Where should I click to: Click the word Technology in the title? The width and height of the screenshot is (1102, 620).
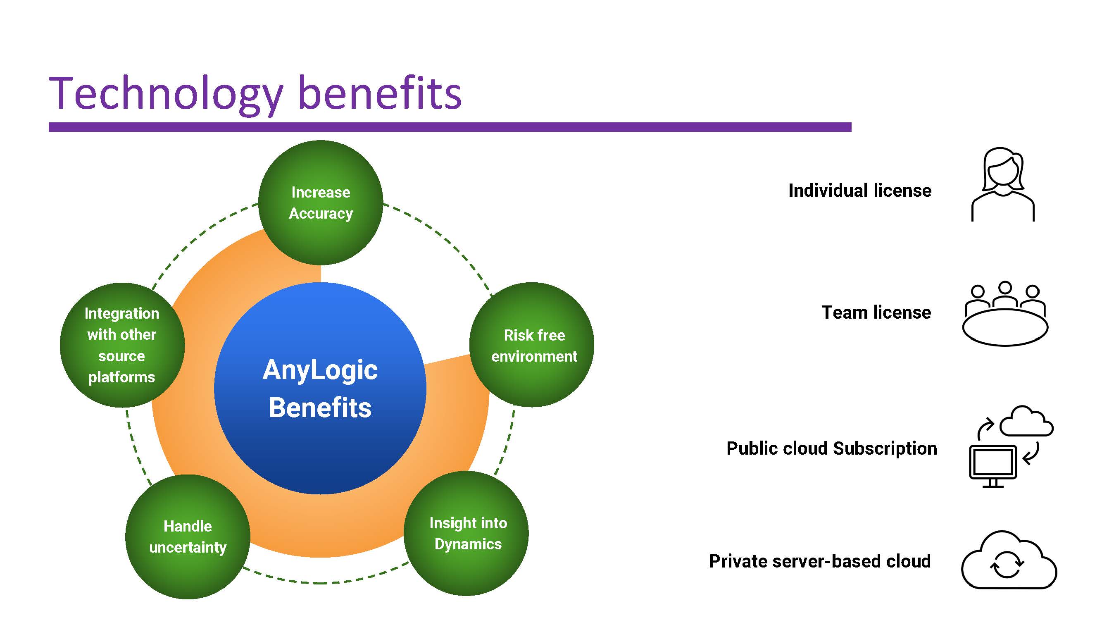point(166,93)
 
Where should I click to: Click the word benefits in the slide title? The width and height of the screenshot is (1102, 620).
point(379,93)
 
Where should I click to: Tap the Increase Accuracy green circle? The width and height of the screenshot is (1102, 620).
point(320,203)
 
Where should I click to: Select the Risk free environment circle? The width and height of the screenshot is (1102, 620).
point(532,345)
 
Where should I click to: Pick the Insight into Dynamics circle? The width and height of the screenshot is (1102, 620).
point(467,533)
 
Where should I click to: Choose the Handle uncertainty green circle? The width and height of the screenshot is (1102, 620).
point(188,537)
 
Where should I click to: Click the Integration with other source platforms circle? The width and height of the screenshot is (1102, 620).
point(122,345)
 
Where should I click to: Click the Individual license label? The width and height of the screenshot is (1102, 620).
point(859,191)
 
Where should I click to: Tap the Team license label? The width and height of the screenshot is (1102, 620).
point(876,312)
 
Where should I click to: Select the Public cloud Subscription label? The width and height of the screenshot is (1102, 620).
point(831,448)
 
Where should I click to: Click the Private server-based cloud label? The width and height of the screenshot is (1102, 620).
point(820,561)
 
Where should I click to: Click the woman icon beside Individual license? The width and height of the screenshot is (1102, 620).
point(1003,185)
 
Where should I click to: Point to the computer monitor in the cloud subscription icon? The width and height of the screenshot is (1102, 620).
point(993,465)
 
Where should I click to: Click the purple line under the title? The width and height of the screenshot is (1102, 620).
point(450,127)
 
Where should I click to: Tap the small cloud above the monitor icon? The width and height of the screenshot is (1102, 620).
point(1026,422)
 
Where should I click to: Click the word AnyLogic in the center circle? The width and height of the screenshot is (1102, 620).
point(320,370)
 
